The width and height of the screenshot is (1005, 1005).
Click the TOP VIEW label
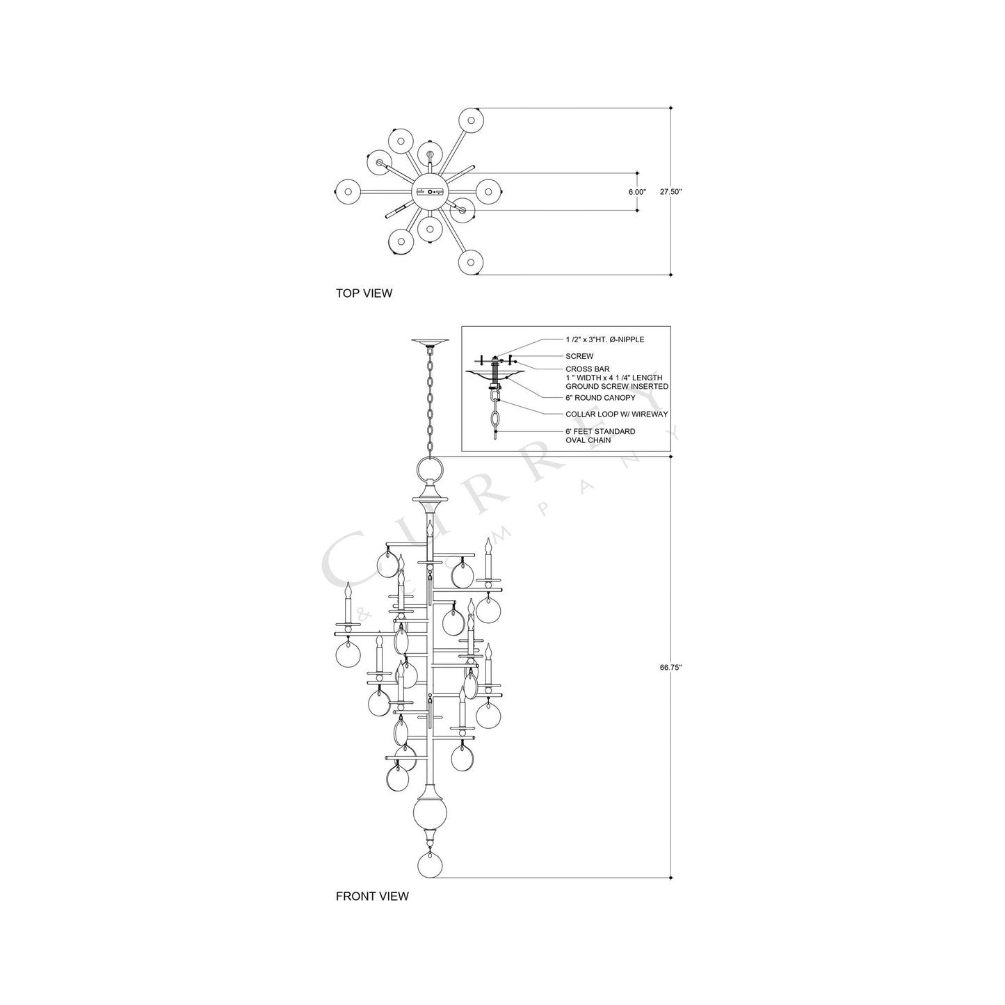click(364, 294)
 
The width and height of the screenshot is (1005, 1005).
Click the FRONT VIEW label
click(372, 896)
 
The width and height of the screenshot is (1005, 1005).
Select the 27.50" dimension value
click(670, 192)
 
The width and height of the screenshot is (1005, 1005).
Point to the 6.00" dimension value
click(636, 192)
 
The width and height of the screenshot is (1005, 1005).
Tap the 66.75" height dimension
click(670, 667)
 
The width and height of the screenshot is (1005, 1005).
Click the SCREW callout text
click(579, 356)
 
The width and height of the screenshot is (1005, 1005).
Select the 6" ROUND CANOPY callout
click(600, 398)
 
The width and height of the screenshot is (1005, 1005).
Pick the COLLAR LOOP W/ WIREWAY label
click(616, 414)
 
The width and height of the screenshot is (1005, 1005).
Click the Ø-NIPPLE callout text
click(604, 339)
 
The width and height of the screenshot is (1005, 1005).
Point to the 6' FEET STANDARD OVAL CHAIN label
click(600, 435)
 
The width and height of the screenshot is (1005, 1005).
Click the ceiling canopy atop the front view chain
click(431, 342)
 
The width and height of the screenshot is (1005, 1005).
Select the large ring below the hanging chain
click(431, 469)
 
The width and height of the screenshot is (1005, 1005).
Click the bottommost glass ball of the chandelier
click(431, 865)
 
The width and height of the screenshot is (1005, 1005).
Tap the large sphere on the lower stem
click(431, 813)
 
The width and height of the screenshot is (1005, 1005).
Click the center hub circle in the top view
click(431, 191)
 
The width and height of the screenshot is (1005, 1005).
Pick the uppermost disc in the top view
click(471, 120)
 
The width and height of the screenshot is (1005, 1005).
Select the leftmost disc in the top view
click(347, 191)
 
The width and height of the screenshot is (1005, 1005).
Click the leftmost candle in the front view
click(347, 605)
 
